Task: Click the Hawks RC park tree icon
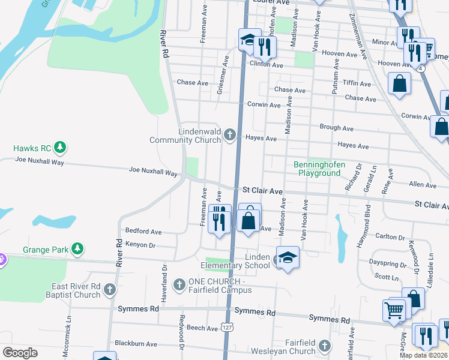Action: tap(59, 147)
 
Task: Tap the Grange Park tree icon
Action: tap(77, 248)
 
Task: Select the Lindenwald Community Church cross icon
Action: tap(229, 135)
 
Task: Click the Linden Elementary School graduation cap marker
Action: tap(288, 258)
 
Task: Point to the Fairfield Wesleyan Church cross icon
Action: tap(324, 346)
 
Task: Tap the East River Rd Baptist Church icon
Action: tap(109, 290)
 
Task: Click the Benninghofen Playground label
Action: tap(317, 169)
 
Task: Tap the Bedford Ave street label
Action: tap(143, 231)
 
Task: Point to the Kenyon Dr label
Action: tap(140, 245)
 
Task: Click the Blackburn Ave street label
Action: tap(136, 344)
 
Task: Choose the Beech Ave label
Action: tap(202, 328)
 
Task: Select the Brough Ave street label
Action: tap(336, 128)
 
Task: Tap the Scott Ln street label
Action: tap(386, 277)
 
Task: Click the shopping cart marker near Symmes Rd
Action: tap(394, 311)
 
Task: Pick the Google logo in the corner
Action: tap(20, 353)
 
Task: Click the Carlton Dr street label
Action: tap(390, 237)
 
